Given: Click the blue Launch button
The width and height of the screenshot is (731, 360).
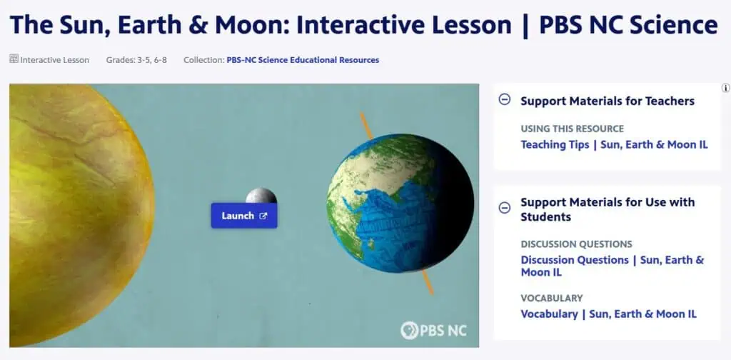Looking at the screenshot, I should [x=243, y=216].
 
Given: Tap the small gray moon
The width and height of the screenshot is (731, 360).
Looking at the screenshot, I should [x=261, y=196].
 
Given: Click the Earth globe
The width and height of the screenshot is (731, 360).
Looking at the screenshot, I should [x=400, y=203].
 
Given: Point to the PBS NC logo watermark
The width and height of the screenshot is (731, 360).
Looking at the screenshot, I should [x=433, y=331].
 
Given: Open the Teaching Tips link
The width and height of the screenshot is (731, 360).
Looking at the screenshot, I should [x=614, y=144].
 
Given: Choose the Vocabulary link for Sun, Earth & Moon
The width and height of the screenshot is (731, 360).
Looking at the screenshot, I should [x=608, y=314].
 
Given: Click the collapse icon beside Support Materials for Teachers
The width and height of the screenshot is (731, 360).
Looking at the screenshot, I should [x=505, y=100].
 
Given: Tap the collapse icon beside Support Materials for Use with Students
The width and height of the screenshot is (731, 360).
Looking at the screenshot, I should [x=505, y=208].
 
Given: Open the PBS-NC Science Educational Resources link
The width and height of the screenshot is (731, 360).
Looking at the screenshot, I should [x=303, y=60].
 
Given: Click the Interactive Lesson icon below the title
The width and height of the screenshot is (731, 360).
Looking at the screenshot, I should [x=14, y=59].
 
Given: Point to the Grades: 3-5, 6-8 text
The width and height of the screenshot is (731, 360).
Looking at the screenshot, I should [x=137, y=60].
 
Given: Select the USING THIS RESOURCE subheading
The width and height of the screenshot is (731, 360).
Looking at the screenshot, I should [x=572, y=129].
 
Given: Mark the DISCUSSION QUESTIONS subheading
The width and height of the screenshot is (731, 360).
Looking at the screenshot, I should [x=576, y=244].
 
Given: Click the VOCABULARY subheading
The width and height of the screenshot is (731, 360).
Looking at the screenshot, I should [x=552, y=298].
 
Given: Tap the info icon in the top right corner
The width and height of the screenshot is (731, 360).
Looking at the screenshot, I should [x=725, y=88].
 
